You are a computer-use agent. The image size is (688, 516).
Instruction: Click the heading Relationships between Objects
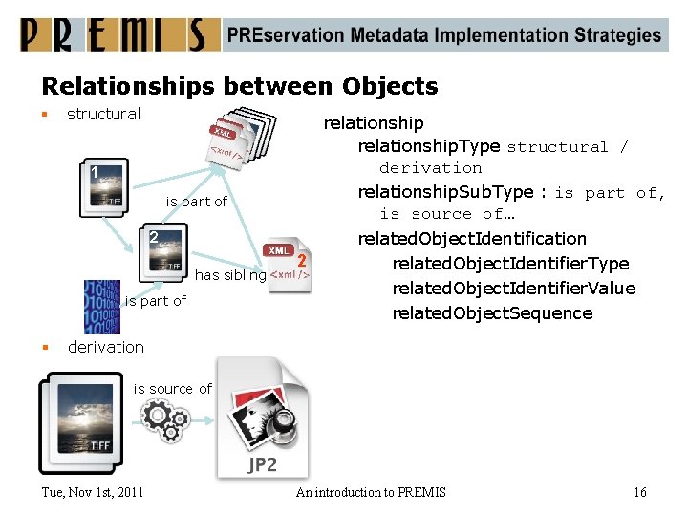(x=239, y=86)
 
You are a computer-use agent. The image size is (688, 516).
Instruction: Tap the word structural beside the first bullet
(x=103, y=114)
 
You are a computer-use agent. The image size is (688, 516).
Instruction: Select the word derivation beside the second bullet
(x=106, y=347)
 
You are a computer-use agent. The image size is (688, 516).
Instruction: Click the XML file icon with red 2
(x=289, y=265)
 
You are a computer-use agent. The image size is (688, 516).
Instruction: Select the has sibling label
(x=230, y=275)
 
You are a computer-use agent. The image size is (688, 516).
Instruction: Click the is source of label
(x=172, y=388)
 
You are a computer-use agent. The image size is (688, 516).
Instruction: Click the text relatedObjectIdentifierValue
(x=513, y=289)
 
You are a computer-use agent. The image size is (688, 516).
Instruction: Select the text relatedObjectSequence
(x=492, y=313)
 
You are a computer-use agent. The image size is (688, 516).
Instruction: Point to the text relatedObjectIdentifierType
(x=510, y=264)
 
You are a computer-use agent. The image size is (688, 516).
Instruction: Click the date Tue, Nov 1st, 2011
(x=94, y=492)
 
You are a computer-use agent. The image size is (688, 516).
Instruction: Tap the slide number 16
(x=639, y=492)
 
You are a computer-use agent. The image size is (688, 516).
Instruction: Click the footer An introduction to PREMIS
(x=371, y=492)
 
